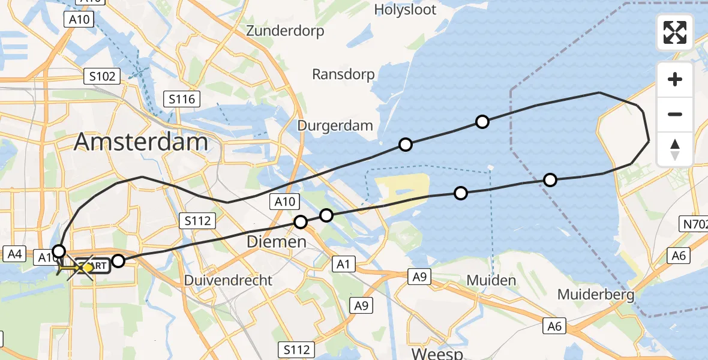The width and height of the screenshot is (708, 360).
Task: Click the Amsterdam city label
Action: pyautogui.click(x=141, y=142)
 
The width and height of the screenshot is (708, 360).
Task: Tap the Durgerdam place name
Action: pyautogui.click(x=335, y=125)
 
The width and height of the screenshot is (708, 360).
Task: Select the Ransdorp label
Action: pyautogui.click(x=343, y=74)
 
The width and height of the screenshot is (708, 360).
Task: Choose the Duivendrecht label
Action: pyautogui.click(x=228, y=280)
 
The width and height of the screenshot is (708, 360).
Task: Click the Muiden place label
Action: pyautogui.click(x=491, y=280)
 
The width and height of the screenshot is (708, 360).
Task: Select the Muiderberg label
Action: pyautogui.click(x=596, y=295)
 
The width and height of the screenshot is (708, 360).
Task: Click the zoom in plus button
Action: pyautogui.click(x=675, y=79)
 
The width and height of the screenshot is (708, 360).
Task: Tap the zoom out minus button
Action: pyautogui.click(x=675, y=114)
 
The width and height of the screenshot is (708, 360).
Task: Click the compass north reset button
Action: pyautogui.click(x=675, y=149)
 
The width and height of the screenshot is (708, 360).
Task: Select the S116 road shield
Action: pyautogui.click(x=182, y=99)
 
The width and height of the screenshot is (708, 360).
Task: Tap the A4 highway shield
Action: pyautogui.click(x=14, y=254)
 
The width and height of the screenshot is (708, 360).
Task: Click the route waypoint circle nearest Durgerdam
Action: pyautogui.click(x=406, y=145)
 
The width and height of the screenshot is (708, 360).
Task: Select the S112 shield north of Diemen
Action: pyautogui.click(x=197, y=221)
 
